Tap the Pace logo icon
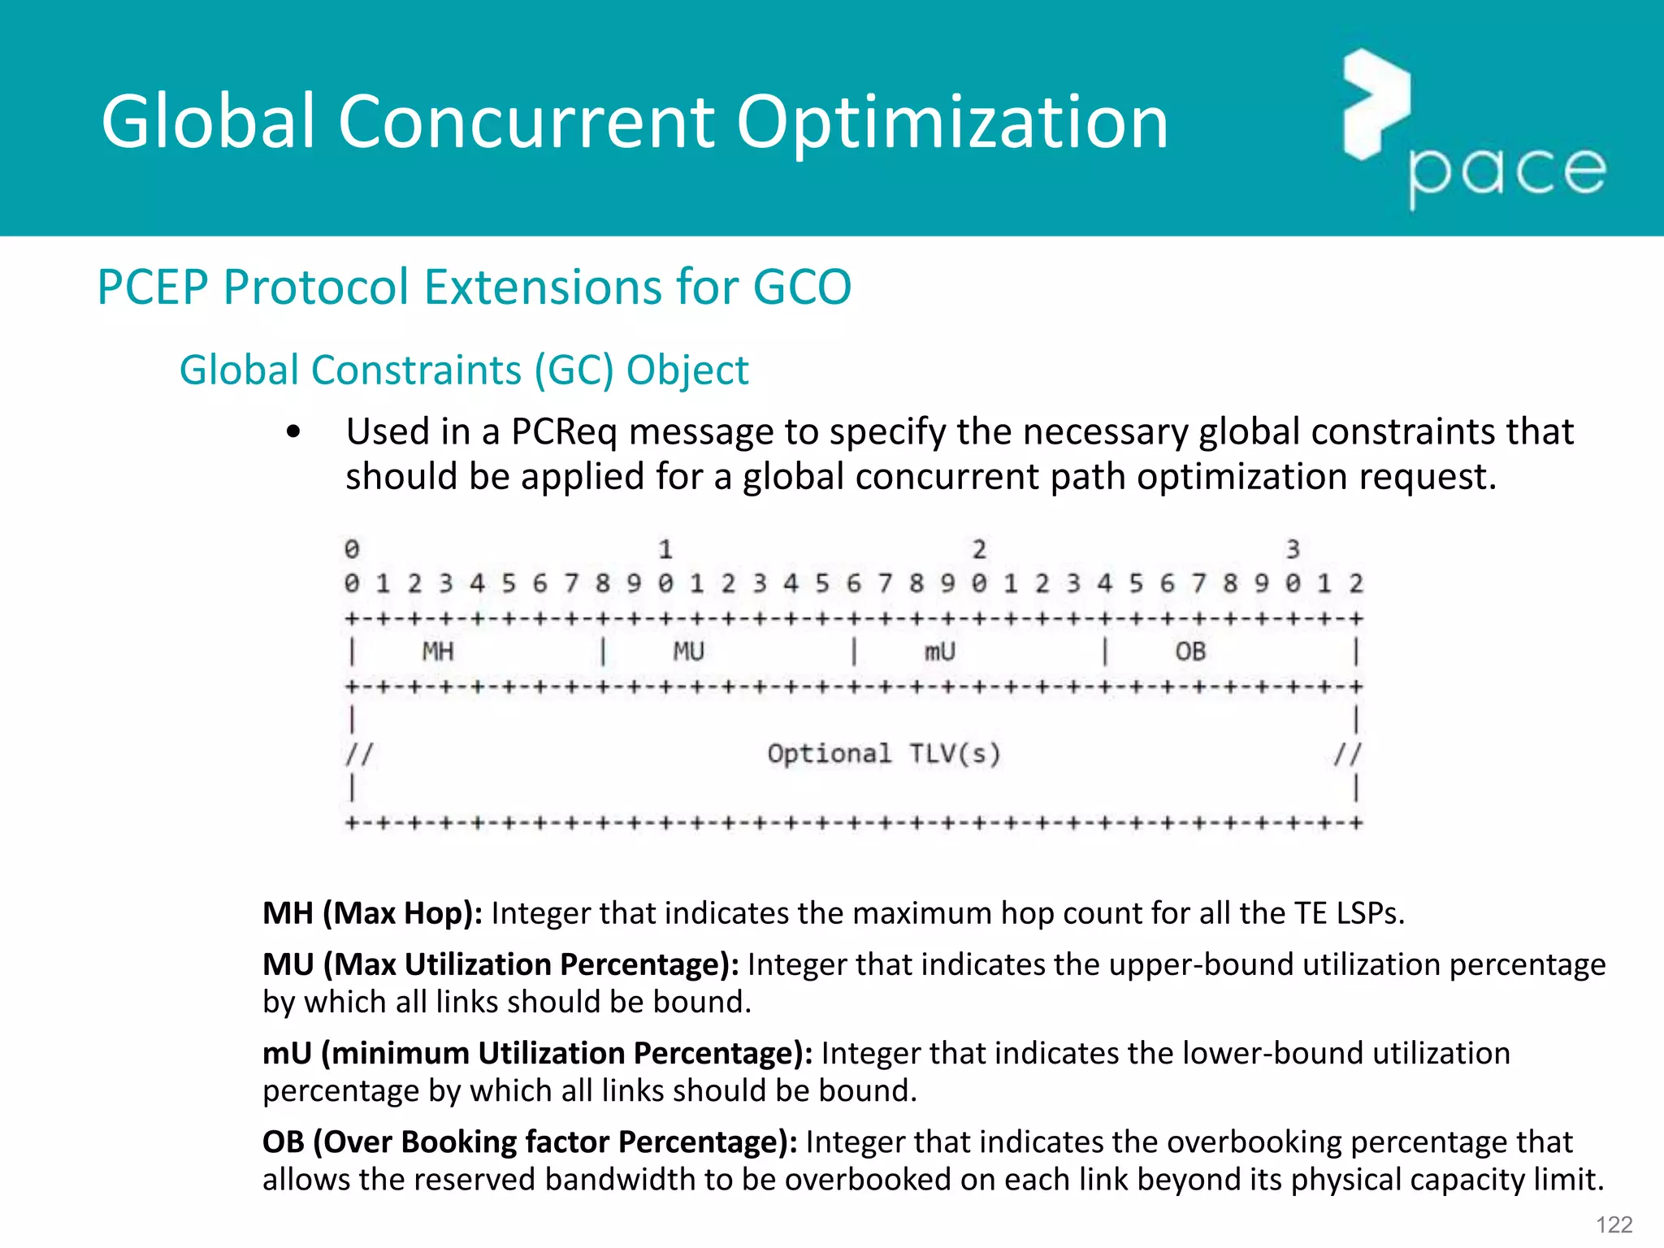[x=1376, y=104]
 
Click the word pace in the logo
[x=1507, y=172]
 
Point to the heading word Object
[x=687, y=370]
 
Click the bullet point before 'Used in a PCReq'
[x=293, y=432]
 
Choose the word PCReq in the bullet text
[x=564, y=431]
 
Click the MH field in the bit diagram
[x=438, y=652]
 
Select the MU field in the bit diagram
[x=688, y=652]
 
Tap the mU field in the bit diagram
[x=939, y=652]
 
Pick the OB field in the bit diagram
[x=1190, y=652]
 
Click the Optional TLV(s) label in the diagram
[x=884, y=754]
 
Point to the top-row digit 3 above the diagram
[x=1293, y=550]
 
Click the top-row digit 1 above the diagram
[x=665, y=550]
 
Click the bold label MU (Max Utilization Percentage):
[x=500, y=964]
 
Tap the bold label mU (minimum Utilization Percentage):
[x=537, y=1053]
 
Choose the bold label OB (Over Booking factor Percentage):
[x=530, y=1142]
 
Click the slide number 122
[x=1614, y=1224]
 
